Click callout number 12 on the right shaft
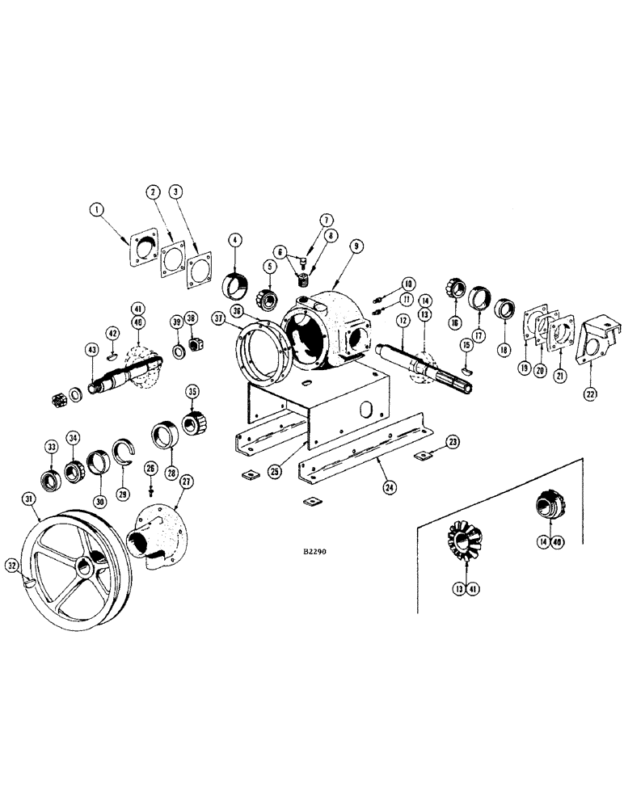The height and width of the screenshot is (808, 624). pyautogui.click(x=400, y=321)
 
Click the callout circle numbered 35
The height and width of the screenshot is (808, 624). pyautogui.click(x=192, y=393)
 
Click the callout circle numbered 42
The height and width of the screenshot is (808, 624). pyautogui.click(x=113, y=332)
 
